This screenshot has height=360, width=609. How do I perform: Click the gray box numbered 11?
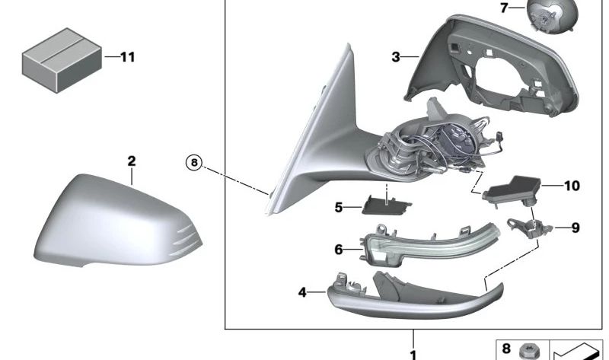[62, 60]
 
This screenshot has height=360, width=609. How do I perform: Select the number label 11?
[127, 58]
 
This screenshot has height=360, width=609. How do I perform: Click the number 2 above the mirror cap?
[132, 161]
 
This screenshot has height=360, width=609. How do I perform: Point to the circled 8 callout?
[194, 162]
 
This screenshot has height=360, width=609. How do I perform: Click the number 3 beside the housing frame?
[395, 58]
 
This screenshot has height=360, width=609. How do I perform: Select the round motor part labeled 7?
[552, 16]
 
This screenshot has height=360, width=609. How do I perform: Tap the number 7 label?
[504, 8]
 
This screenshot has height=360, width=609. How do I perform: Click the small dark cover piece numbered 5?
[387, 205]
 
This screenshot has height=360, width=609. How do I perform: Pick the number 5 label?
[339, 207]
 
